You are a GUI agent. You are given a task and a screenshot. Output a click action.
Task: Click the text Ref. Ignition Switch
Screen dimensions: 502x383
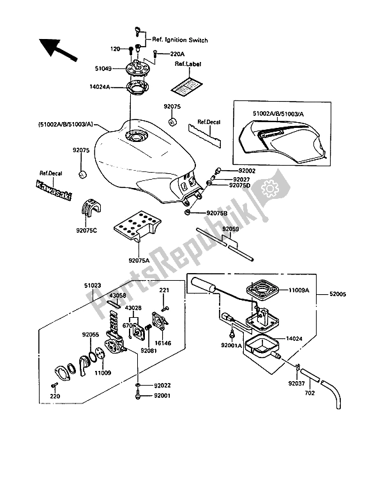[180, 40]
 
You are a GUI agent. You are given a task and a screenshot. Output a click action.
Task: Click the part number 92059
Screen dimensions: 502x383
[230, 228]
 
